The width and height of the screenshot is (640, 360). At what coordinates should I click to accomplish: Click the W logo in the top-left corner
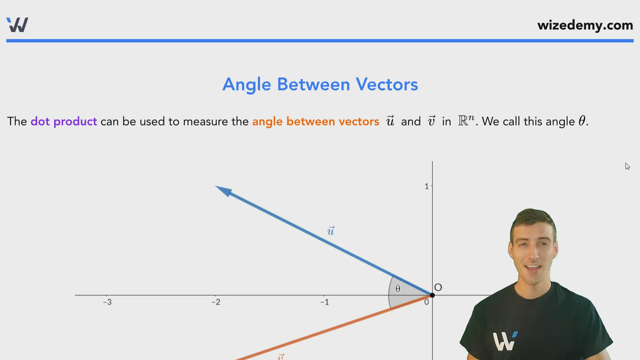(17, 25)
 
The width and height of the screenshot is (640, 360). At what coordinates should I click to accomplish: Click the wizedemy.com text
(585, 25)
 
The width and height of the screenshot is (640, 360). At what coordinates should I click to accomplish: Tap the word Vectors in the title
(387, 84)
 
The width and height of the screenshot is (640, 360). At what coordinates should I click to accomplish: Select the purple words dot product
(64, 121)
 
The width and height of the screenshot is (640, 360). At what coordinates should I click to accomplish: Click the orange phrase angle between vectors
(315, 121)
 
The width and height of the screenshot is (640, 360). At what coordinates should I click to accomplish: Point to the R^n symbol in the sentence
(466, 120)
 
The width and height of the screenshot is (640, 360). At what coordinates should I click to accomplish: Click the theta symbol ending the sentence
(582, 121)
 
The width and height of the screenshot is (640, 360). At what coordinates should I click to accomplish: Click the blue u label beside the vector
(331, 231)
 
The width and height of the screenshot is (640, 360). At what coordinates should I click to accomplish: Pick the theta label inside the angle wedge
(398, 289)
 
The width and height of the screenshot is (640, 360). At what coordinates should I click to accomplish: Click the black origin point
(432, 295)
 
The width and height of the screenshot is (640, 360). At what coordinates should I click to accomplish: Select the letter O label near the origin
(438, 287)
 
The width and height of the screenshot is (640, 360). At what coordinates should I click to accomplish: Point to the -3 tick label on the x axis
(107, 302)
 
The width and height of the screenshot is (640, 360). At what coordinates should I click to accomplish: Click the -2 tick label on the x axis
(216, 302)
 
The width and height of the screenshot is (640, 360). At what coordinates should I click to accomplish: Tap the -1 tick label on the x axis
(325, 302)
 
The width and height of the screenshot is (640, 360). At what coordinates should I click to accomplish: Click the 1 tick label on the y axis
(427, 187)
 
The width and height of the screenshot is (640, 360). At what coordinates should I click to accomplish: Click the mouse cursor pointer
(627, 166)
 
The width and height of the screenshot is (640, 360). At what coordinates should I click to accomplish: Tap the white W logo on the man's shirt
(504, 341)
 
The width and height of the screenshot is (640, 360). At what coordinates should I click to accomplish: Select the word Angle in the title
(247, 85)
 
